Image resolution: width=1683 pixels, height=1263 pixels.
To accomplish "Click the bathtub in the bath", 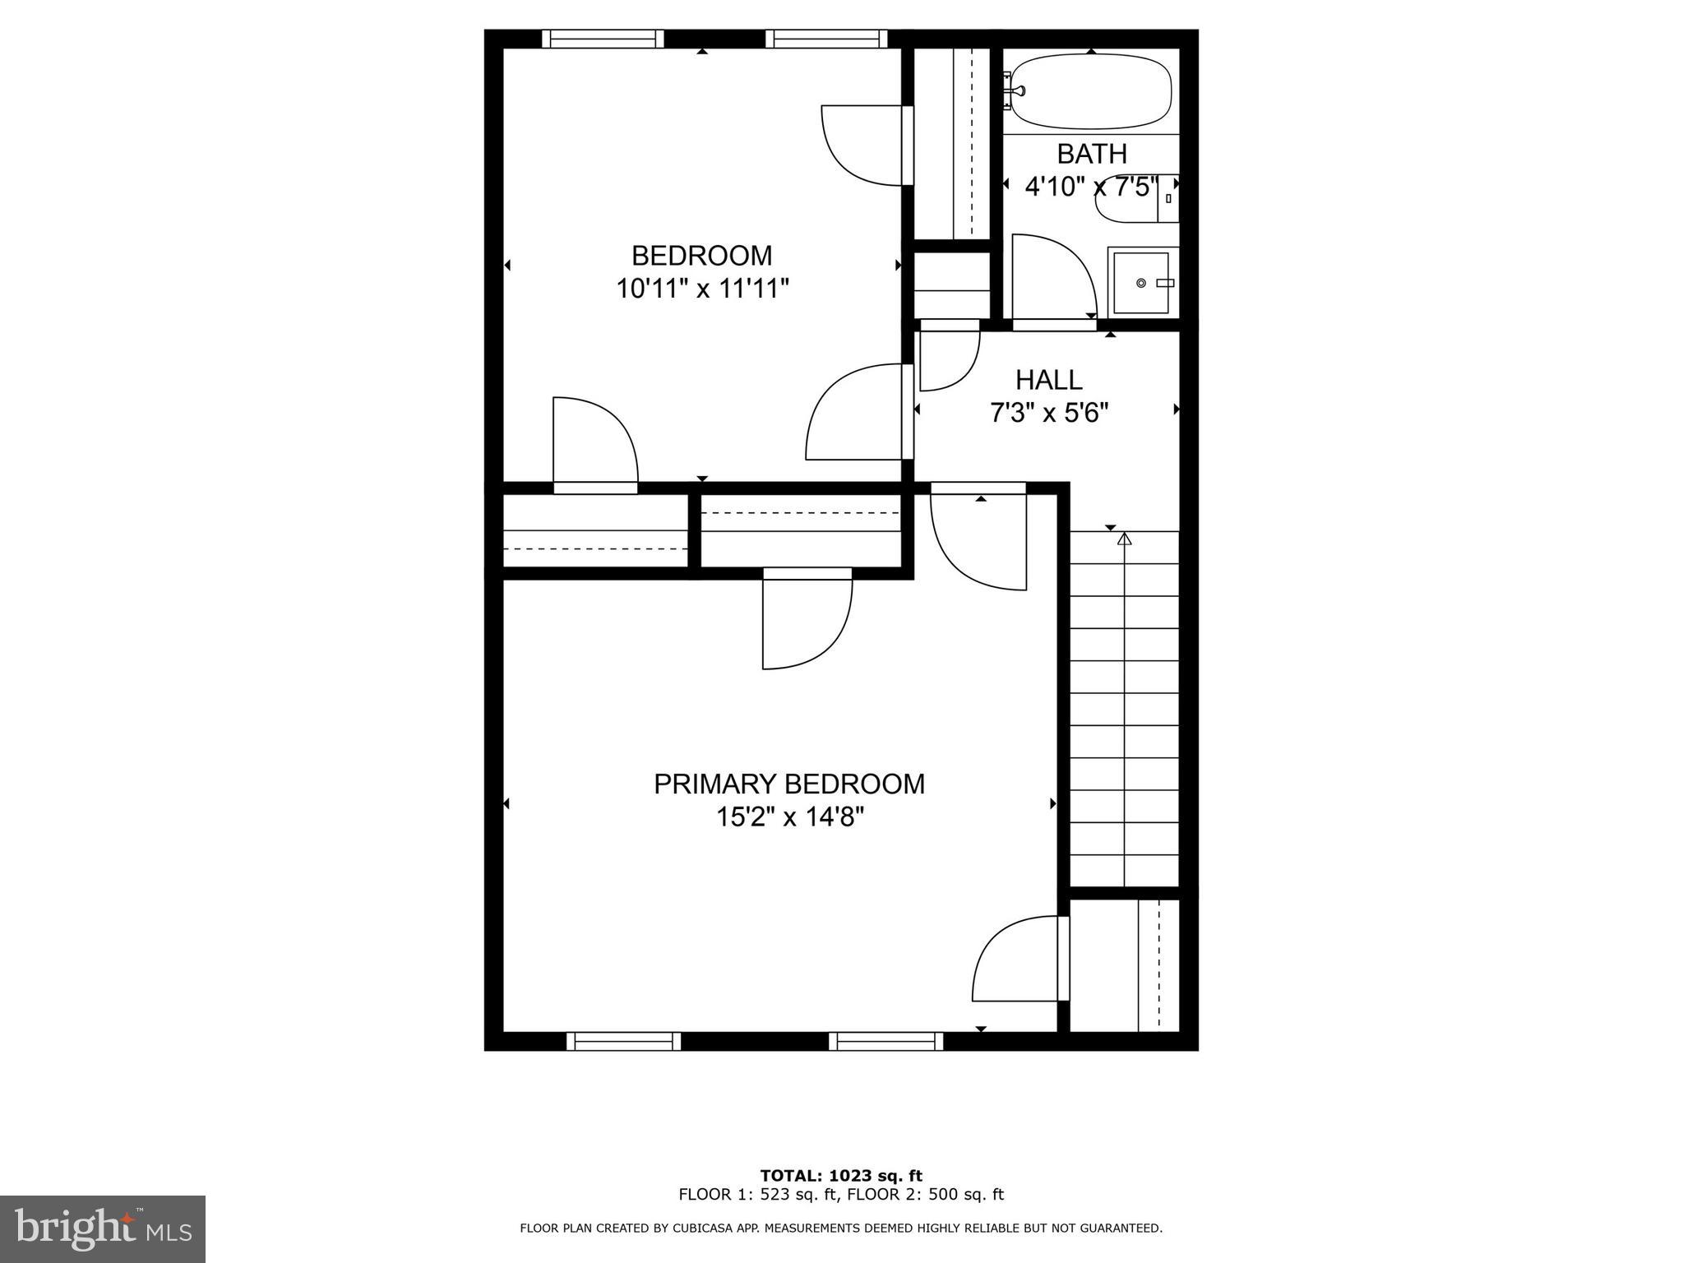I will tap(1090, 91).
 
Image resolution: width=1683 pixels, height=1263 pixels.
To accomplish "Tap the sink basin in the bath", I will tap(1141, 283).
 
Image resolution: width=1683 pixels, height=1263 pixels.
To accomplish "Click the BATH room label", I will tap(1091, 154).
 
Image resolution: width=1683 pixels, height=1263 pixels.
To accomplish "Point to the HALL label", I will tap(1048, 380).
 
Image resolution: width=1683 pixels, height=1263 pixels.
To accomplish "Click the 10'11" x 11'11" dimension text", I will tap(702, 289).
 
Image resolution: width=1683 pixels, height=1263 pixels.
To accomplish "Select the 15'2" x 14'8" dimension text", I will tap(789, 817).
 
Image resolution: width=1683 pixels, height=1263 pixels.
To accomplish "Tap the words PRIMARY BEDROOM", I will tap(789, 784).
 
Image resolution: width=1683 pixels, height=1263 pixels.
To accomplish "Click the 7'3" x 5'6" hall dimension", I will tap(1049, 413).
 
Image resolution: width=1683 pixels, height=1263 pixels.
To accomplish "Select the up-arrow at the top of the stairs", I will tap(1124, 539).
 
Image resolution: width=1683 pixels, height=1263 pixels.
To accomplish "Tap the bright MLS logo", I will tap(103, 1228).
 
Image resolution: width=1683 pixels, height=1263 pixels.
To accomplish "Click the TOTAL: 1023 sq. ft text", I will tap(840, 1176).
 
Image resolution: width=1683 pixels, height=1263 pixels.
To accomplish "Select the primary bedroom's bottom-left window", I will tap(624, 1041).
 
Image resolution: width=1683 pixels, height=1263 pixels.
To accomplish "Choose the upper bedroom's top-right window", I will tap(826, 39).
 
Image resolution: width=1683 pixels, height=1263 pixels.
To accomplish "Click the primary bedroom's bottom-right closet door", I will tap(1020, 962).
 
